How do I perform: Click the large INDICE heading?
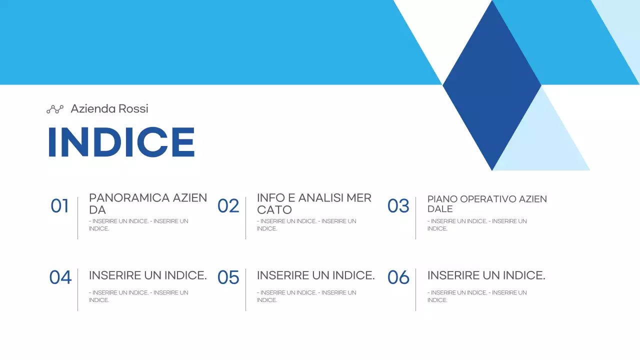(121, 142)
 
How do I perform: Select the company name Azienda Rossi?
(109, 108)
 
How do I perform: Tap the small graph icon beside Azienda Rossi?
(55, 109)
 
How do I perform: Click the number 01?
(59, 206)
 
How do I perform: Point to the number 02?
(228, 206)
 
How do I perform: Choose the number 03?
(398, 206)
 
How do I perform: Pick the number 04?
(60, 277)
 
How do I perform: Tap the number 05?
(228, 277)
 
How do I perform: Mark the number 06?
(398, 277)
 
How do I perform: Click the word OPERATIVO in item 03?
(487, 199)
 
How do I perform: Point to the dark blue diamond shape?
(492, 85)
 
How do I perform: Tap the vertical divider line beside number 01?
(77, 218)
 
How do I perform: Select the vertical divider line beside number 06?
(415, 289)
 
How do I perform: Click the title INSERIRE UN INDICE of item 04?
(147, 275)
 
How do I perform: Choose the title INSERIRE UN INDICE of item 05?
(315, 275)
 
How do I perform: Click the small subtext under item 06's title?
(476, 296)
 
